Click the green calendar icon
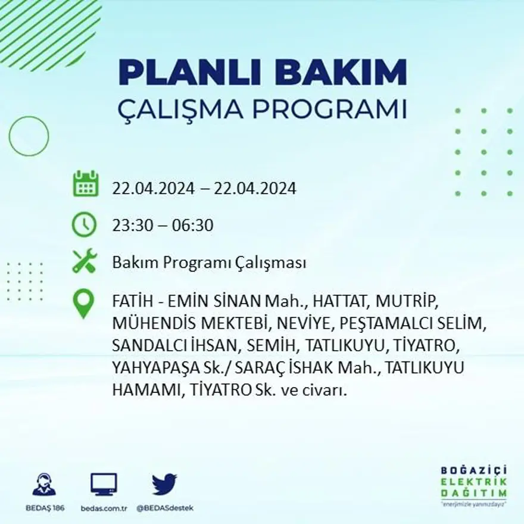click(85, 184)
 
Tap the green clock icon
click(84, 225)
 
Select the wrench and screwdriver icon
click(85, 261)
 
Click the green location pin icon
click(83, 302)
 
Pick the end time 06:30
click(192, 226)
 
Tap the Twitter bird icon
click(164, 484)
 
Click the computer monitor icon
click(104, 484)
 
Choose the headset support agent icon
click(44, 485)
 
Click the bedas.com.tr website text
click(104, 508)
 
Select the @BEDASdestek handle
click(164, 508)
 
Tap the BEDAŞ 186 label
click(45, 508)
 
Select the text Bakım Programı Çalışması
click(209, 263)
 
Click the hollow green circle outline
click(29, 136)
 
